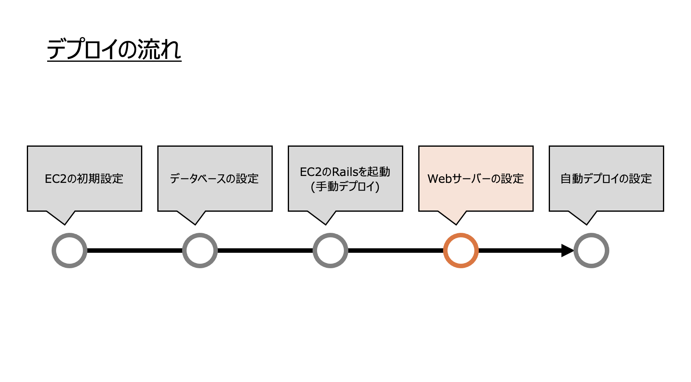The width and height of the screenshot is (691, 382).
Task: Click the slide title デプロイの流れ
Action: pos(114,50)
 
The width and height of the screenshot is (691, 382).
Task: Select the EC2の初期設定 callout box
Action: pos(85,178)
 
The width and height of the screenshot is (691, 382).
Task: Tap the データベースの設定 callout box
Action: pos(215,178)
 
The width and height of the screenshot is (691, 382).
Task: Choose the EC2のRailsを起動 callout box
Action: pos(345,178)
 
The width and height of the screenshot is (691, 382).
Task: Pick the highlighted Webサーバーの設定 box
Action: pos(476,178)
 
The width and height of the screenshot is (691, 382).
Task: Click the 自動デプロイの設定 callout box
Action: pos(606,178)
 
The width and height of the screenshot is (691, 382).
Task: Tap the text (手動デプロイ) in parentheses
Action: pos(345,187)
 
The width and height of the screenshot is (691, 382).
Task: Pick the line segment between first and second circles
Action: pos(135,250)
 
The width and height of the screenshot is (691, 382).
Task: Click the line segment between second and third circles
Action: pos(265,250)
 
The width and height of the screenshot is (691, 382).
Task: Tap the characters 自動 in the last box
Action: pos(571,179)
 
